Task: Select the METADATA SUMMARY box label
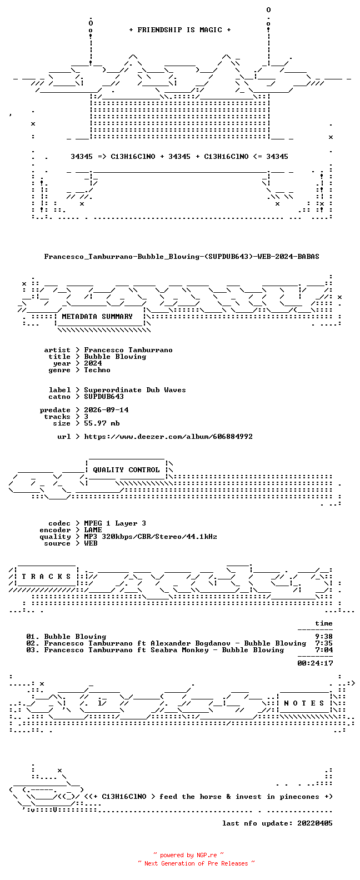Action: [x=97, y=317]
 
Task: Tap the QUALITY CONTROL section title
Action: [x=126, y=470]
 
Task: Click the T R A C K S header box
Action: [x=46, y=577]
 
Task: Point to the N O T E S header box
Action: [x=304, y=703]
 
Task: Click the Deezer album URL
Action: [x=168, y=437]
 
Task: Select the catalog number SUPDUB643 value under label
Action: [x=104, y=397]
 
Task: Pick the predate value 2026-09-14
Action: [x=106, y=410]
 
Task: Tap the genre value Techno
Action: [x=97, y=370]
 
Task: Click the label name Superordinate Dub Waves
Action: [x=135, y=390]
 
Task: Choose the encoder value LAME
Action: [x=93, y=530]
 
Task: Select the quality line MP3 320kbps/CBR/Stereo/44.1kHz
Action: [x=151, y=537]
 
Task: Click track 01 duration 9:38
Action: [x=324, y=637]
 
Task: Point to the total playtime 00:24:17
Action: [x=315, y=663]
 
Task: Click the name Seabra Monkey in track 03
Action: [x=179, y=650]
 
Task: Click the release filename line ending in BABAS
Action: [x=182, y=257]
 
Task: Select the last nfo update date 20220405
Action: [x=315, y=823]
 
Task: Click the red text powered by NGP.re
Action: [x=188, y=855]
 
